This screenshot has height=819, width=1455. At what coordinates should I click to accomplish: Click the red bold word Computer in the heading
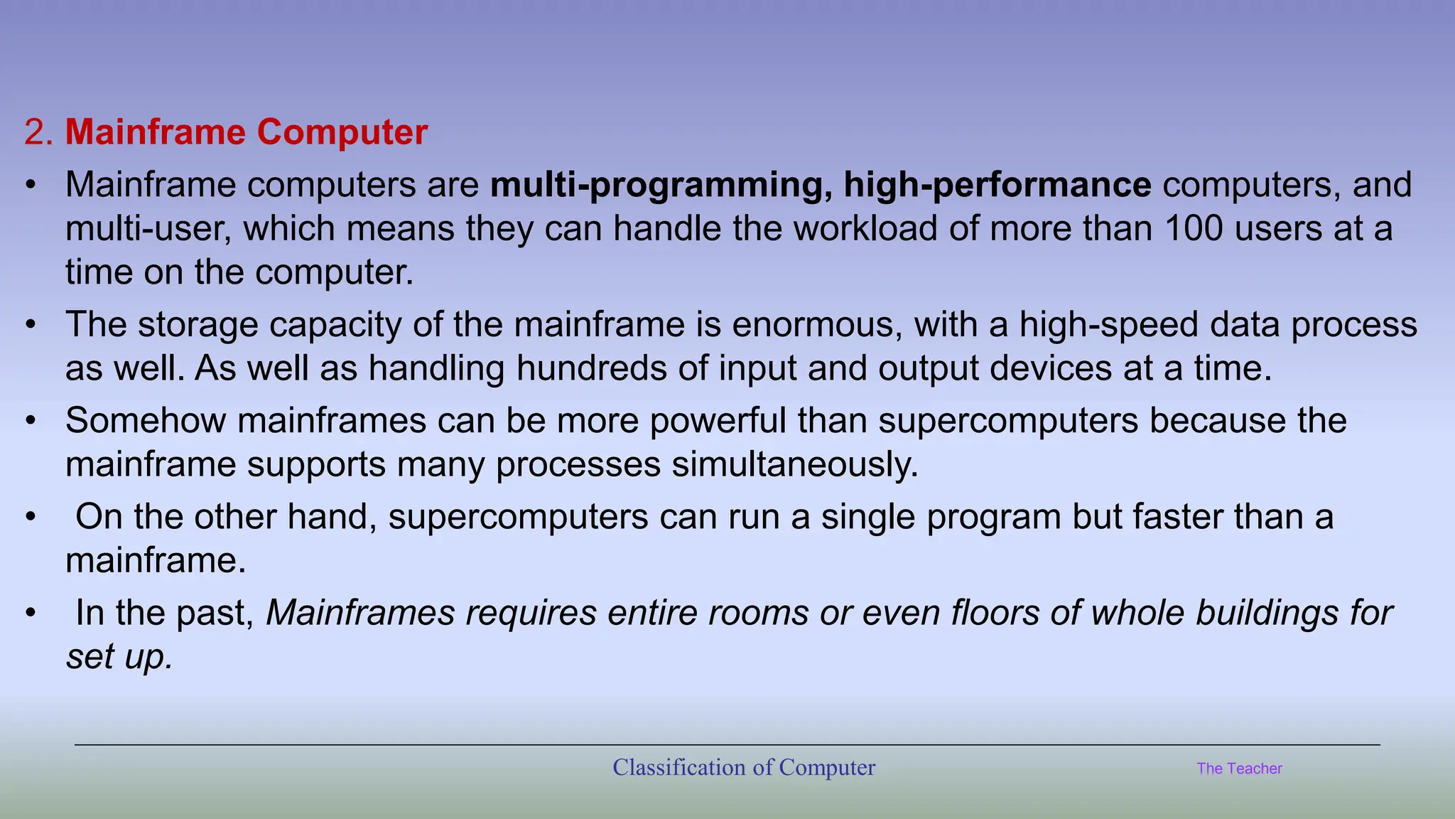[x=342, y=132]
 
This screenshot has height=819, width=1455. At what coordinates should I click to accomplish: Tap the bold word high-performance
[x=997, y=185]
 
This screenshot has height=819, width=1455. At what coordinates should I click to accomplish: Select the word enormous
[x=817, y=325]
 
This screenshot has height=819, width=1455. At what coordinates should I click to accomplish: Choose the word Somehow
[x=146, y=420]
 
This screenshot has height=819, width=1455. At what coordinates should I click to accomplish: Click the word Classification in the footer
[x=678, y=768]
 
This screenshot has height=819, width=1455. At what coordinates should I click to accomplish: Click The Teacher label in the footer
[x=1239, y=769]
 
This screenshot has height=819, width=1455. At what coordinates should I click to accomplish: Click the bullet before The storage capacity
[x=30, y=325]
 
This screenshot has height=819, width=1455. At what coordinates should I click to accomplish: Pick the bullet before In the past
[x=30, y=613]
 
